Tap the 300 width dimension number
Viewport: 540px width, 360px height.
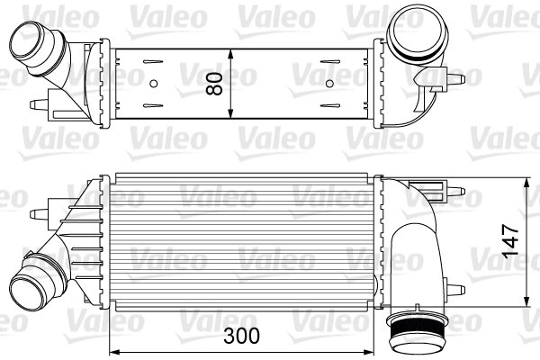(x=241, y=336)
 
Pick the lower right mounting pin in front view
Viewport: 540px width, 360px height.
(x=461, y=289)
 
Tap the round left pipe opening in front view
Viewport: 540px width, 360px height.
(x=30, y=285)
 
